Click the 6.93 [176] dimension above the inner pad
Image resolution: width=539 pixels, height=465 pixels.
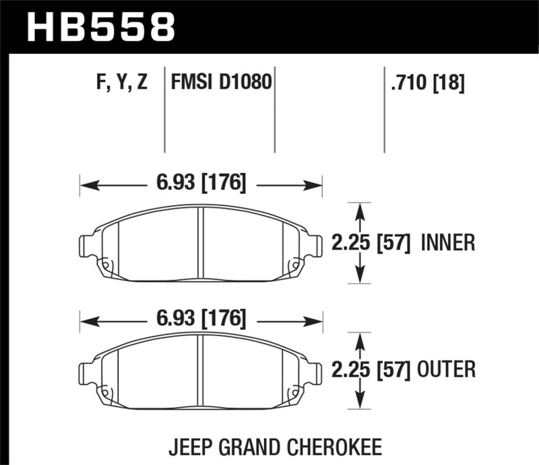coord(201,183)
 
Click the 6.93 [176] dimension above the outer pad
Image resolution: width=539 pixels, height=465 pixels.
coord(201,318)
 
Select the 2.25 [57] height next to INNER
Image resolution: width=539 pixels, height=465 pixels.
coord(371,242)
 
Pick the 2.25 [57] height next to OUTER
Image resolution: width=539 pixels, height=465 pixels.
coord(371,369)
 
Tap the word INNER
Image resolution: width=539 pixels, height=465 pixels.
coord(447,242)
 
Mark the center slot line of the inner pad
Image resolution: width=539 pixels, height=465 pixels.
coord(201,242)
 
